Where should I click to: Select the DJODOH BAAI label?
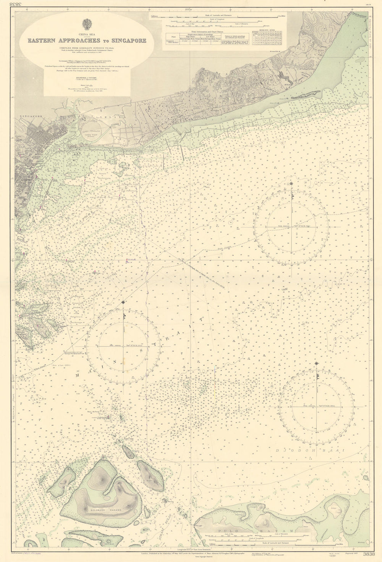tap(311, 451)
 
